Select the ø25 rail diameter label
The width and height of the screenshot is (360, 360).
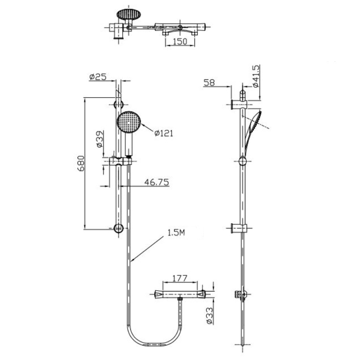click(x=97, y=77)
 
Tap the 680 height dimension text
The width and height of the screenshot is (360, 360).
click(x=81, y=165)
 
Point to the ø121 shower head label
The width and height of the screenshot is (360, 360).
click(x=163, y=133)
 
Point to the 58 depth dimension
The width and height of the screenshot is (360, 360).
click(x=210, y=82)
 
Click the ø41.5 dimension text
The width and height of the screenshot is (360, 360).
click(x=256, y=76)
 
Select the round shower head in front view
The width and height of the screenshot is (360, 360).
click(x=129, y=121)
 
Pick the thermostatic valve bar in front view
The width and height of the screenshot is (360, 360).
click(x=180, y=294)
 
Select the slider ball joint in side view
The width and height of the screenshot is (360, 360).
click(x=243, y=162)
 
